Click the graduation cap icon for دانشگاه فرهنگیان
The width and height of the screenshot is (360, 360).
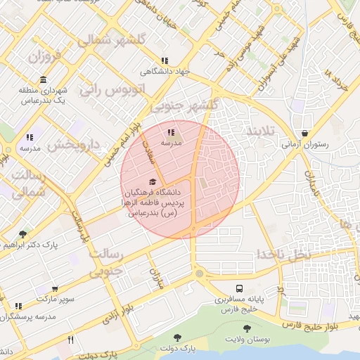[x=153, y=182]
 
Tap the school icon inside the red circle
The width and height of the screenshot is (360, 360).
[x=171, y=131]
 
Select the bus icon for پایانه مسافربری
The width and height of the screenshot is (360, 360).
[x=240, y=288]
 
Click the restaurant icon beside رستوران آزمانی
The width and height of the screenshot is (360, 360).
[x=304, y=134]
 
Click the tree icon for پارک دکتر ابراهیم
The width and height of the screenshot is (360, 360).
[x=23, y=233]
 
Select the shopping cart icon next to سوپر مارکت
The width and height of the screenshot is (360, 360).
[x=55, y=289]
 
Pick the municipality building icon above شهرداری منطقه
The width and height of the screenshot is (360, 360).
[x=44, y=79]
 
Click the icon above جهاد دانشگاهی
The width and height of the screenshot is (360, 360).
[x=165, y=61]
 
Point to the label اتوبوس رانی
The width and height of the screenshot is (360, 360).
[x=111, y=89]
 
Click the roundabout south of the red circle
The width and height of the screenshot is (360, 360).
[x=200, y=273]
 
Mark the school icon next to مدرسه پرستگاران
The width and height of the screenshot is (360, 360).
[x=18, y=306]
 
